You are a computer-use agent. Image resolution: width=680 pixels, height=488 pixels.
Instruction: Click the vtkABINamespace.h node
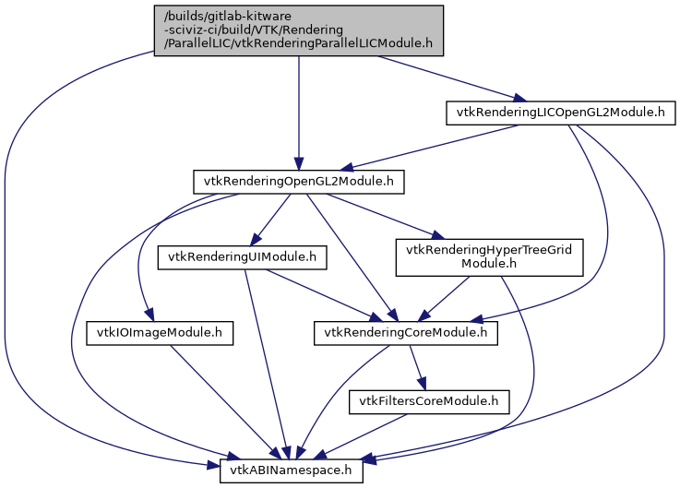coord(292,471)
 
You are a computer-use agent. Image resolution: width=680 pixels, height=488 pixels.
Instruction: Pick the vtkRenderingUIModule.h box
coord(243,257)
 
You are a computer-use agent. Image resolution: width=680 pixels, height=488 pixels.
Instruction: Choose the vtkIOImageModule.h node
coord(160,332)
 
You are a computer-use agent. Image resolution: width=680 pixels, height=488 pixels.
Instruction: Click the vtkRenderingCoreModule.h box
coord(406,332)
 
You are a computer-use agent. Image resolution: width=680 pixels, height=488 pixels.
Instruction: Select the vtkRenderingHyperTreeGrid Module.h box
coord(489,256)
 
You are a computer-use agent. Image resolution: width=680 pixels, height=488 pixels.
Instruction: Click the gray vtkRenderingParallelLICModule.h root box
coord(299,30)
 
